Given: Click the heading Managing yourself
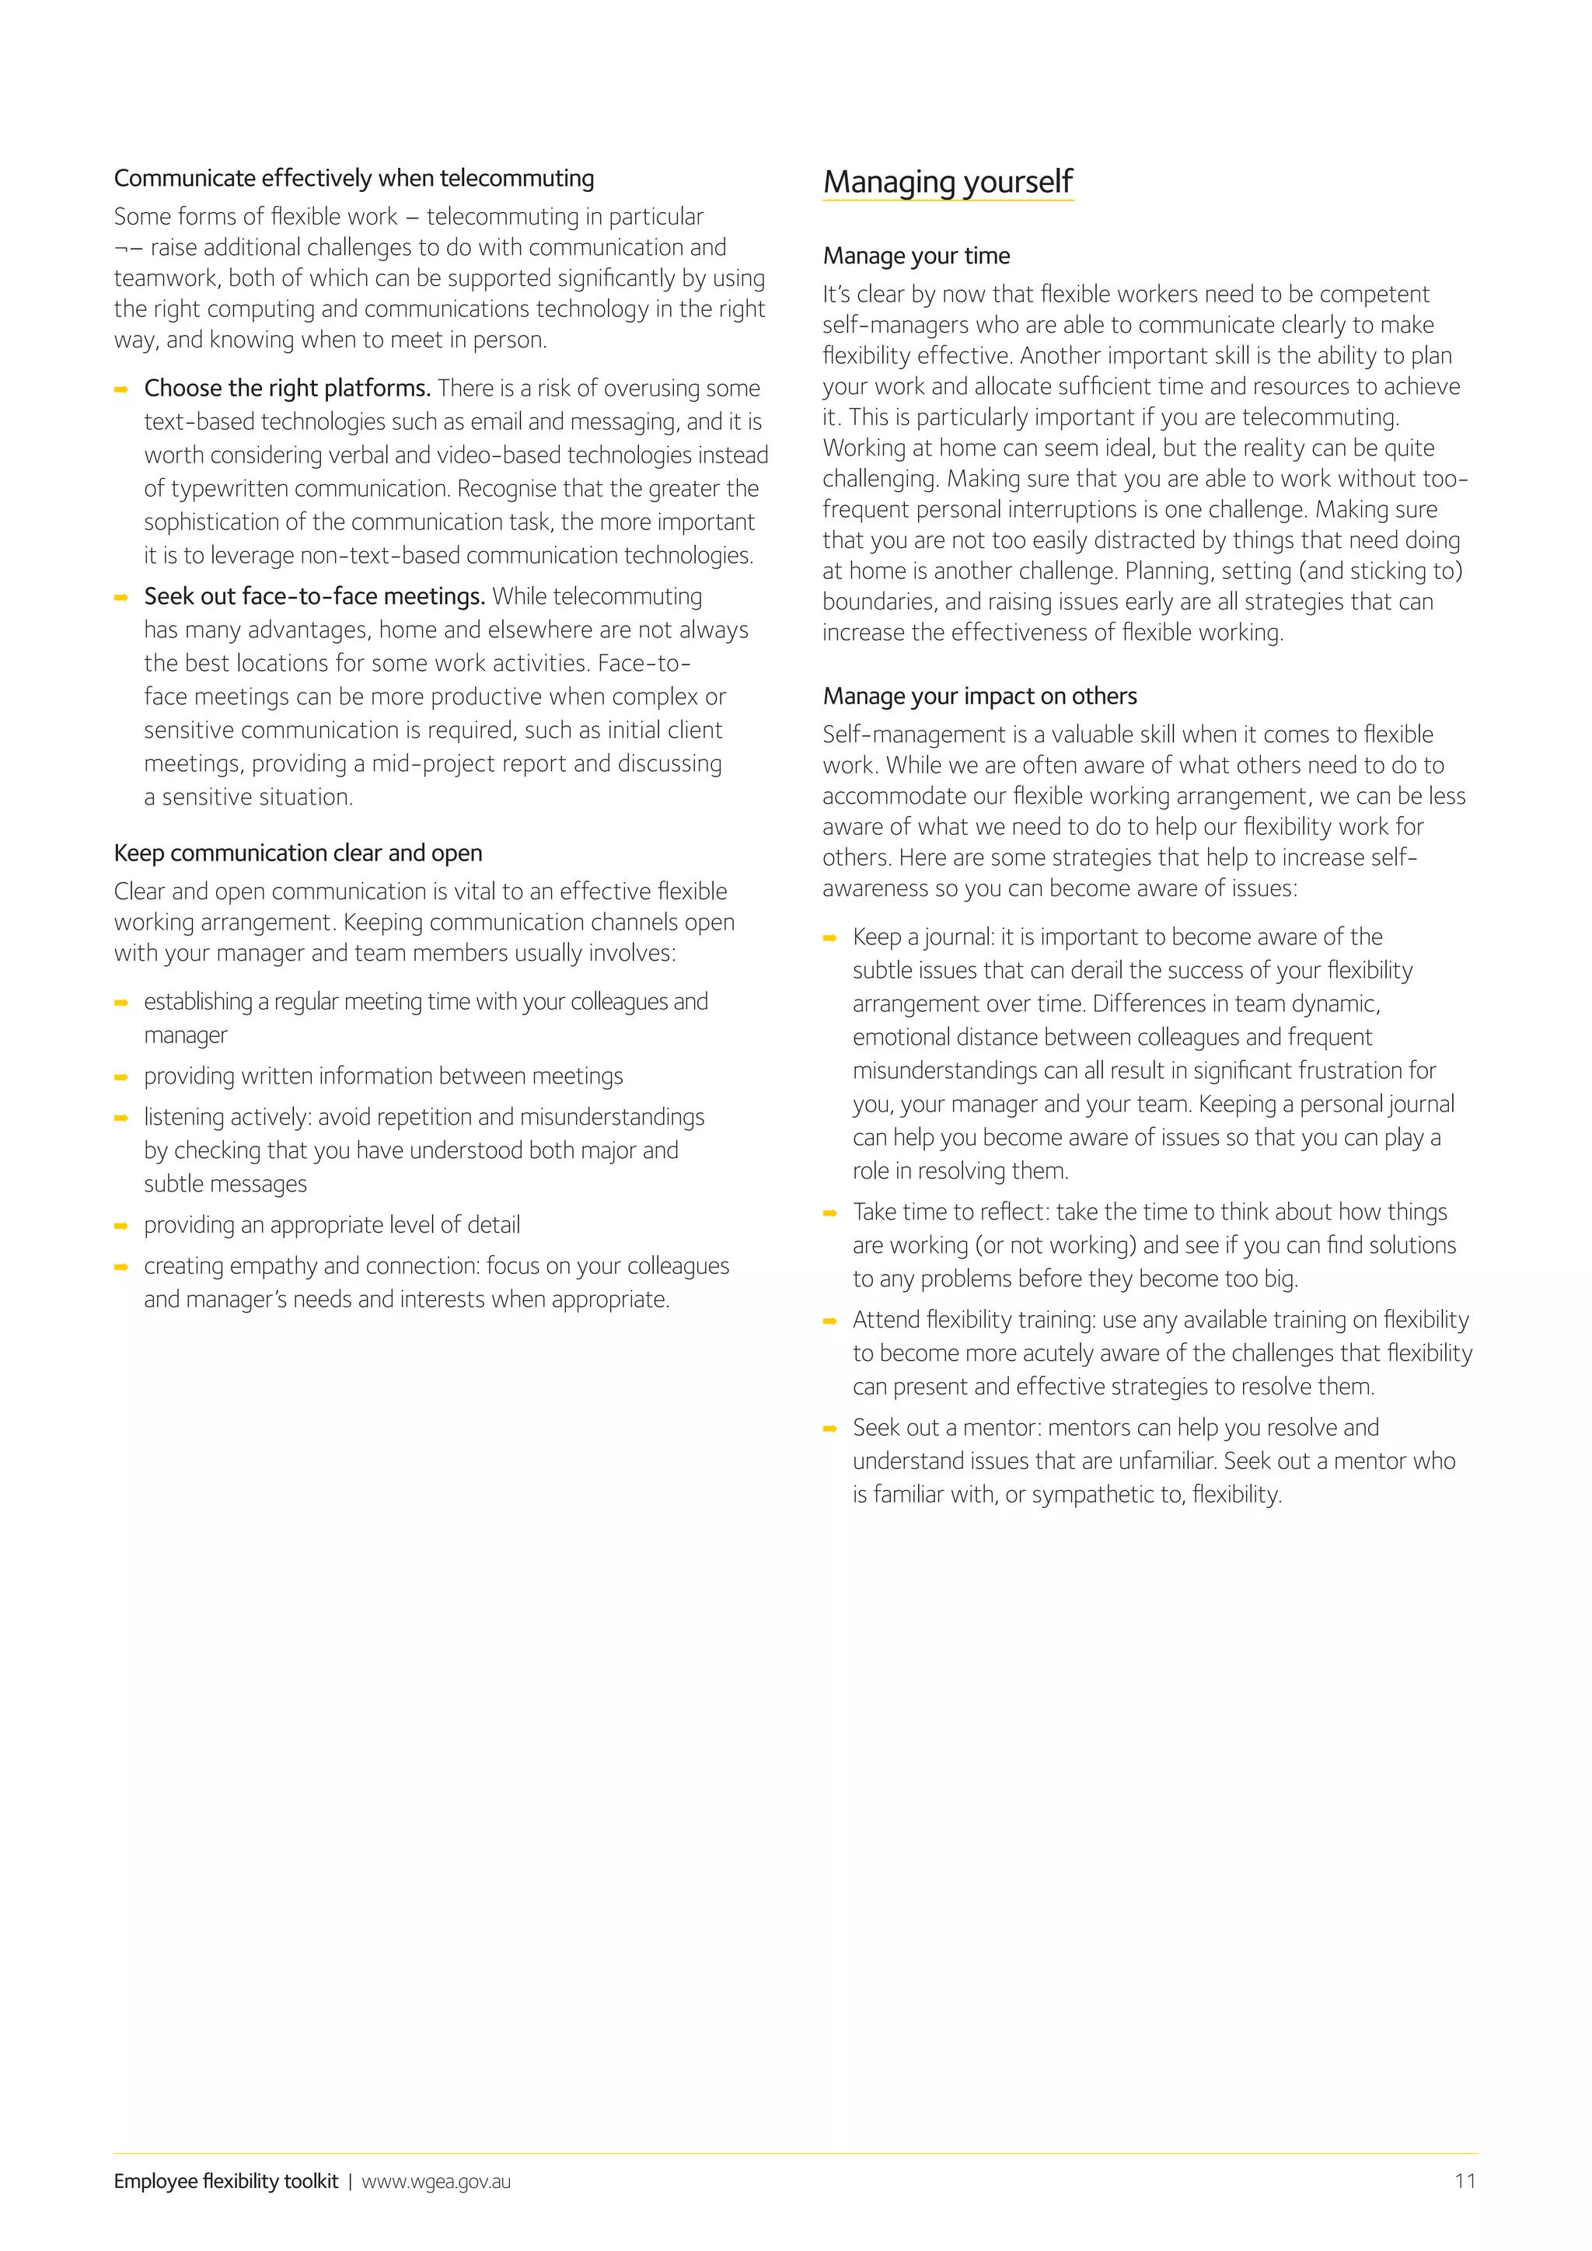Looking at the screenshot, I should click(947, 183).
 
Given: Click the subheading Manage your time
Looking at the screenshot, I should click(916, 256).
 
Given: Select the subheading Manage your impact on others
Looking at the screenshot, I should click(979, 696).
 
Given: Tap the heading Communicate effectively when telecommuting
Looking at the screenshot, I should click(354, 179).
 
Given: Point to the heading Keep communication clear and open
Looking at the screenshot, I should click(298, 853).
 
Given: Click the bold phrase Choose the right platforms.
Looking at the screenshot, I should click(287, 388).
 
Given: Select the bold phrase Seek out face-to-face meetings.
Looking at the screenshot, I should click(315, 597).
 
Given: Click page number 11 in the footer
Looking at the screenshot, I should click(1465, 2180).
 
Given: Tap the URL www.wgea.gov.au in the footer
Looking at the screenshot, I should click(436, 2181).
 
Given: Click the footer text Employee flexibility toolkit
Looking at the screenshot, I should click(225, 2181).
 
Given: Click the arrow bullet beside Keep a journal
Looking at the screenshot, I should click(830, 938).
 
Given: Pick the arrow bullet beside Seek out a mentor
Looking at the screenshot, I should click(830, 1429).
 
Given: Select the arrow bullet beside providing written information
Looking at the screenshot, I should click(121, 1077).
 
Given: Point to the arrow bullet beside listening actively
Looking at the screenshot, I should click(121, 1119).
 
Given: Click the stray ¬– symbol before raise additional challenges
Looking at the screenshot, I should click(128, 248).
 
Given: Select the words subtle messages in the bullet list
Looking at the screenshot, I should click(225, 1185).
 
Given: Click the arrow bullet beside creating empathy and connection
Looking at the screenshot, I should click(121, 1268).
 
